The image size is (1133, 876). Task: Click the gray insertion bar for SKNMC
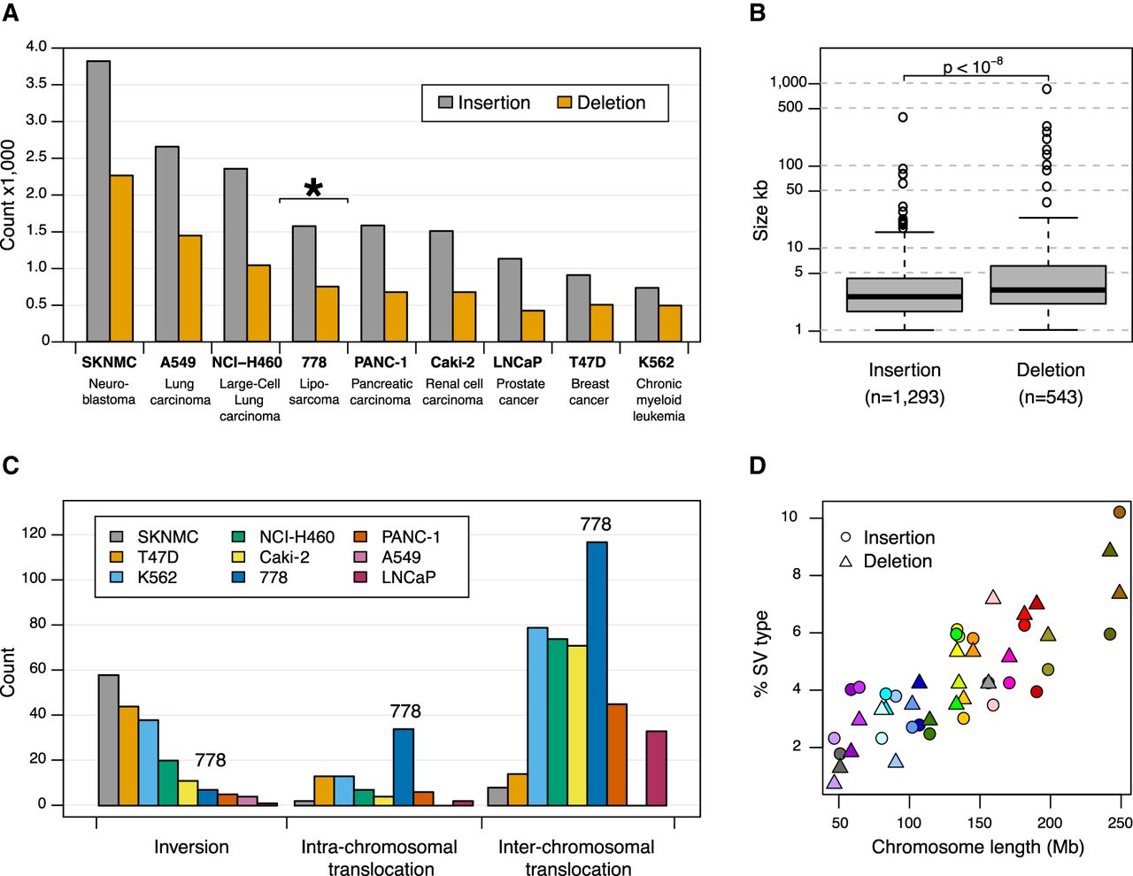click(x=98, y=201)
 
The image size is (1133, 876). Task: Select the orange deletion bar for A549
click(x=189, y=288)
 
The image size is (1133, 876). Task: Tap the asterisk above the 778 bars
click(x=313, y=188)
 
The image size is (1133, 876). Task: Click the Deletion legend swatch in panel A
click(x=565, y=103)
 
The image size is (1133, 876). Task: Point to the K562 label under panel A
click(x=656, y=362)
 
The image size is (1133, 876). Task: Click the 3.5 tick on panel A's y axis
click(x=36, y=84)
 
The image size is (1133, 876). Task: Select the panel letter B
click(x=758, y=12)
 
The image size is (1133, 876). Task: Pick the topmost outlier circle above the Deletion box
click(x=1046, y=88)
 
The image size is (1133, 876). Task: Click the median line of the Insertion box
click(x=904, y=296)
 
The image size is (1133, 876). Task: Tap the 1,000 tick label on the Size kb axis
click(x=788, y=82)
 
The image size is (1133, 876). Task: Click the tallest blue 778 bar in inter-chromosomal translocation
click(x=597, y=672)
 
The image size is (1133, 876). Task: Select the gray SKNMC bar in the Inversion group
click(x=108, y=740)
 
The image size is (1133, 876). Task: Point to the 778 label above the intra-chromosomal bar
click(x=405, y=711)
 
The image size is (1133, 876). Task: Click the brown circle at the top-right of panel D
click(x=1120, y=512)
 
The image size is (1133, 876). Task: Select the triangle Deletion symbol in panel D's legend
click(x=846, y=561)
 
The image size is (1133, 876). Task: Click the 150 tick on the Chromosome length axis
click(x=979, y=823)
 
